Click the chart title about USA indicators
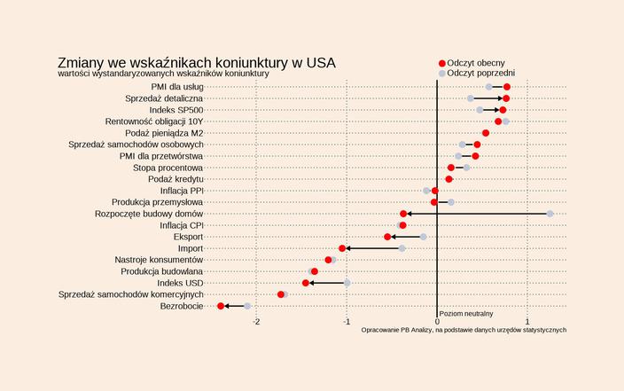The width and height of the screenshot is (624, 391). pyautogui.click(x=196, y=63)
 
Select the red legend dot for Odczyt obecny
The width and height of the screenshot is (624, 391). pyautogui.click(x=443, y=62)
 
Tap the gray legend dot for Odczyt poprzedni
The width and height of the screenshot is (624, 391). pyautogui.click(x=443, y=74)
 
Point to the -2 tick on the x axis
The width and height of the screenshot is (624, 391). pyautogui.click(x=257, y=321)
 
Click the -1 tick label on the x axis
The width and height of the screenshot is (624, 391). pyautogui.click(x=347, y=321)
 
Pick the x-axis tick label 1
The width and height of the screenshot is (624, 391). pyautogui.click(x=527, y=321)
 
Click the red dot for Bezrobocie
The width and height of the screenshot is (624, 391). pyautogui.click(x=221, y=306)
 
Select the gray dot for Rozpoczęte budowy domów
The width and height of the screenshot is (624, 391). pyautogui.click(x=550, y=214)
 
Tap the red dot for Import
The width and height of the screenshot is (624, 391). pyautogui.click(x=342, y=248)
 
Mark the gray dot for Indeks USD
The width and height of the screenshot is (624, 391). pyautogui.click(x=347, y=283)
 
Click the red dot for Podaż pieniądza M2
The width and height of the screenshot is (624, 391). pyautogui.click(x=486, y=133)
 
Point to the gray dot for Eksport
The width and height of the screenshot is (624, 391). pyautogui.click(x=423, y=237)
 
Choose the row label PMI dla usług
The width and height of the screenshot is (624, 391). pyautogui.click(x=177, y=87)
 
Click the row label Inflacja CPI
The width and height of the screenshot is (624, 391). pyautogui.click(x=182, y=225)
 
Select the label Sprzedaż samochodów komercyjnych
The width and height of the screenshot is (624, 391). pyautogui.click(x=131, y=294)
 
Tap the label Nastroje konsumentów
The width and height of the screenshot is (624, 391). pyautogui.click(x=160, y=260)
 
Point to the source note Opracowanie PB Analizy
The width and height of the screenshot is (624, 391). pyautogui.click(x=464, y=330)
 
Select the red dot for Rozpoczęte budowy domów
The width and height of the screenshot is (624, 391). pyautogui.click(x=403, y=214)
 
